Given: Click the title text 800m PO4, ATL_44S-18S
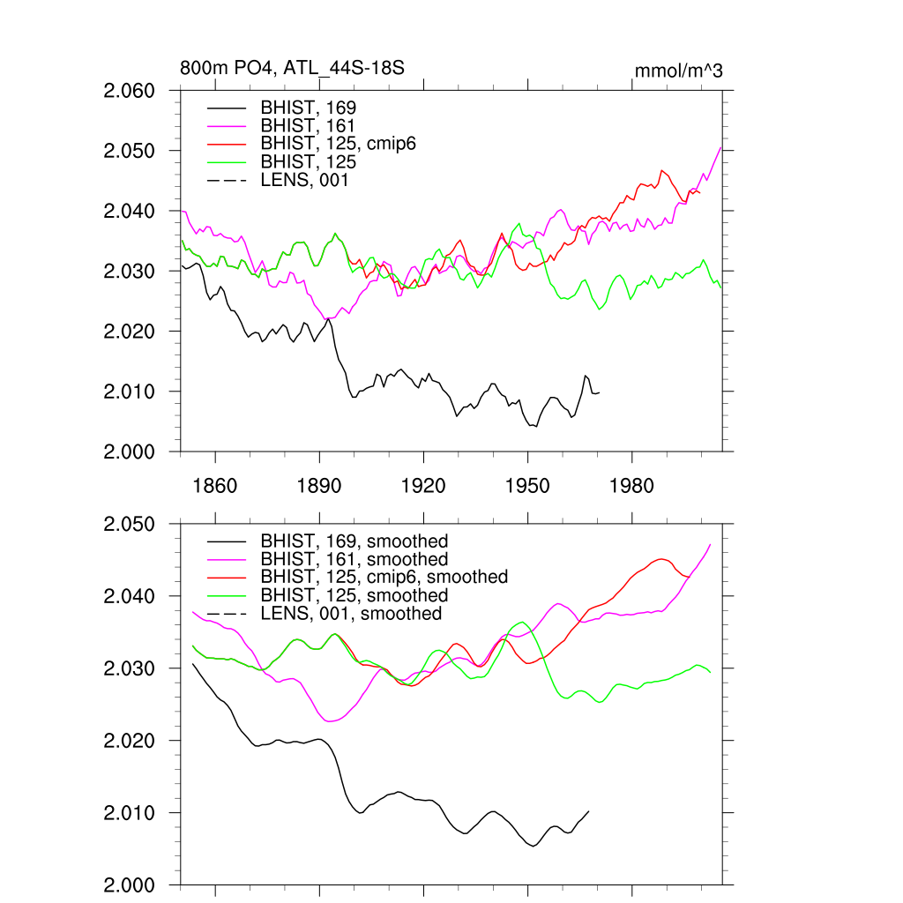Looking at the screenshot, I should (292, 69).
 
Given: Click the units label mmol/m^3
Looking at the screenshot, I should (678, 70).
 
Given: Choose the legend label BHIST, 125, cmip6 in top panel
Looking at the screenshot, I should (338, 144).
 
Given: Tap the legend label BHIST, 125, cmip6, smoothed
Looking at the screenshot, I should (384, 577).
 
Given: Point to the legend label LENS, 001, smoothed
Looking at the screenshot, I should (350, 614).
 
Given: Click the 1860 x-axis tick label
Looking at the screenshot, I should (215, 486).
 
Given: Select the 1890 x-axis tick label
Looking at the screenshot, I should (319, 486).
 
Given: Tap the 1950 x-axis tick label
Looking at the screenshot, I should (527, 486).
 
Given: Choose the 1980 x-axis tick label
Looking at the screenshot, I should (631, 486).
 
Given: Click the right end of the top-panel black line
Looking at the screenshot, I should (599, 392).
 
